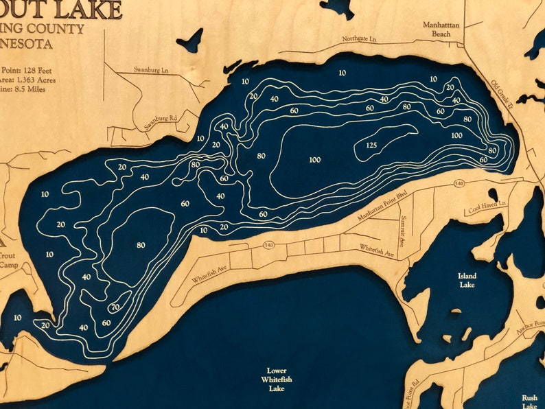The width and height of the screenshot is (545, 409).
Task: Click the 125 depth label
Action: pos(371,145)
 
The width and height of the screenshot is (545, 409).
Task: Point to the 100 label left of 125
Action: pos(314,160)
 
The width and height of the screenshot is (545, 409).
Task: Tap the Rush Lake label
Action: pos(529,401)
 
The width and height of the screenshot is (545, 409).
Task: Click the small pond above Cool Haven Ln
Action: pos(492,194)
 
